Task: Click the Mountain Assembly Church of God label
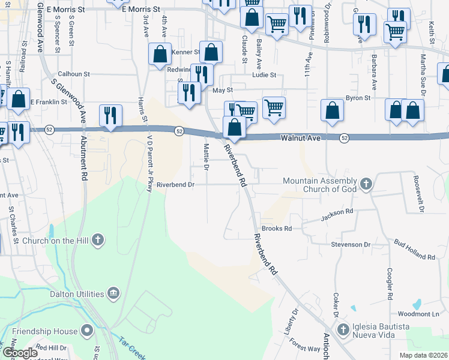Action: [321, 185]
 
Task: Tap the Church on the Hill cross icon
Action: [98, 241]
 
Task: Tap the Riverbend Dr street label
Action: [176, 185]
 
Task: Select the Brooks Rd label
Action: [276, 229]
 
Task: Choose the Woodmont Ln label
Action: [418, 314]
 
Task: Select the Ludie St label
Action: [264, 75]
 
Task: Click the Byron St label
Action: [359, 97]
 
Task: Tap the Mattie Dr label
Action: [206, 157]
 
